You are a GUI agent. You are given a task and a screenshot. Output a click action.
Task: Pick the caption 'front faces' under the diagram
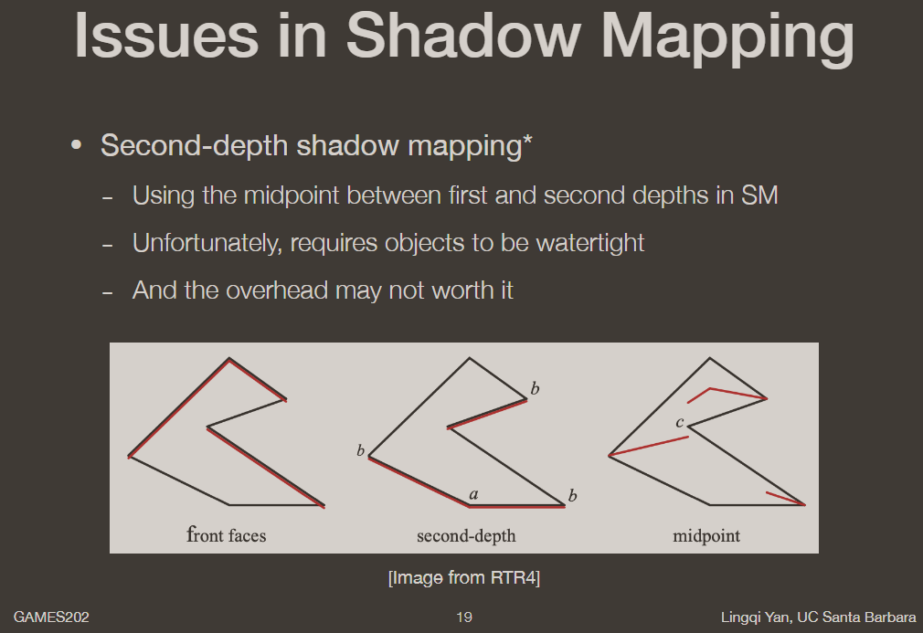point(226,535)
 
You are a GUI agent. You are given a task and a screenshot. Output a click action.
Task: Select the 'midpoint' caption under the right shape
point(706,536)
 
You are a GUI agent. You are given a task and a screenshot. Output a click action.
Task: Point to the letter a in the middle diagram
point(473,494)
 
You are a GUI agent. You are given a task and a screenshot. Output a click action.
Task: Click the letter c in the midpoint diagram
point(679,422)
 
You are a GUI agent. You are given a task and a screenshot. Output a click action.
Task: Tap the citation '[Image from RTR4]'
point(464,578)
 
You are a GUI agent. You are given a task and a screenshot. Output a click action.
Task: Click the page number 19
point(464,618)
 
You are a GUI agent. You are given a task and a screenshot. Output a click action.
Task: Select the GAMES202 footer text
point(51,618)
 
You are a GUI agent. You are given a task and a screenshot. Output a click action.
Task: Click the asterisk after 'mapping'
point(527,142)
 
